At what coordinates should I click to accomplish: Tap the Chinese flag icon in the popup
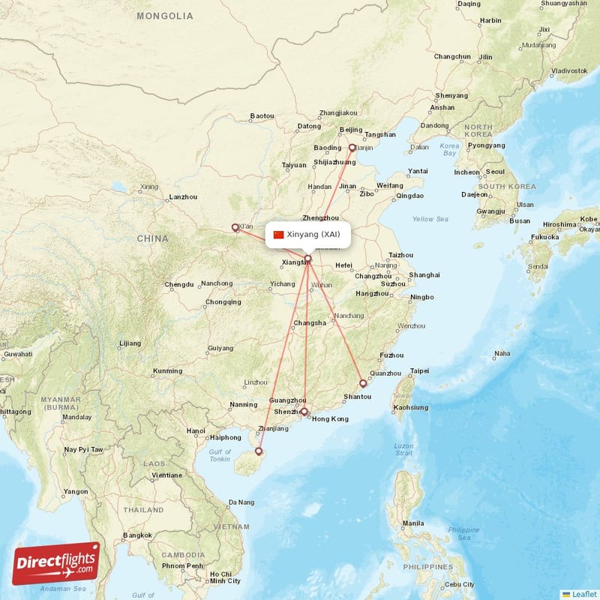point(279,235)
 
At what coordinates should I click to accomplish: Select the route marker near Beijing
point(352,148)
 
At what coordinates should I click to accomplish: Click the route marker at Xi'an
point(235,227)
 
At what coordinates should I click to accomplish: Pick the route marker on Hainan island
point(259,451)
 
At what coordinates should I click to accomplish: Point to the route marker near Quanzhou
point(363,383)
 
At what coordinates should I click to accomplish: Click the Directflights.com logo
point(56,562)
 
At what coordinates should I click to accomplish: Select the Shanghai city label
point(424,275)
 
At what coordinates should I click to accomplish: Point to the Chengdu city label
point(179,285)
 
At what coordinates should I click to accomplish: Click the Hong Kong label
point(330,418)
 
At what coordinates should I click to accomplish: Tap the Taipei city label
point(419,370)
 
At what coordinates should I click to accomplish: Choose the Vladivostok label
point(569,70)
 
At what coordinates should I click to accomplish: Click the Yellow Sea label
point(430,219)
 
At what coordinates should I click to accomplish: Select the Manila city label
point(412,523)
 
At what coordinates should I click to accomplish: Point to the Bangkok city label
point(138,535)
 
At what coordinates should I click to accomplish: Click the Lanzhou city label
point(184,197)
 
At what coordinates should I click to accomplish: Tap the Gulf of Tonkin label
point(220,454)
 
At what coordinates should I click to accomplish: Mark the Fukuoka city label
point(545,237)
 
